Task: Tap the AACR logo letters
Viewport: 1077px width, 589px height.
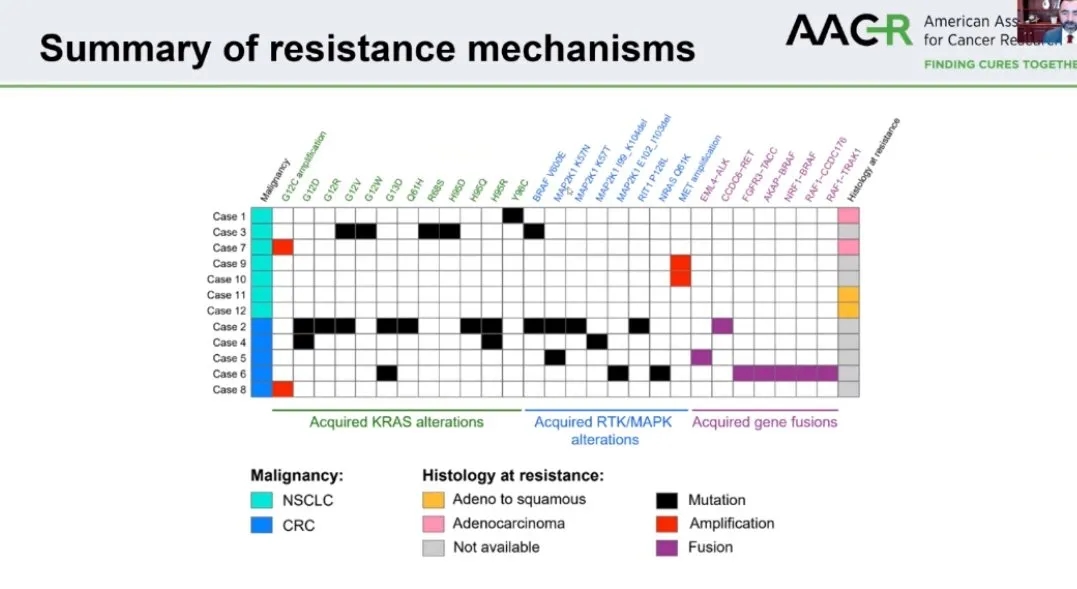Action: click(x=848, y=31)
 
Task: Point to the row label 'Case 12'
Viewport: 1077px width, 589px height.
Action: click(x=226, y=310)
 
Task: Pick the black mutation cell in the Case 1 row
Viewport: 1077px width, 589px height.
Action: click(x=513, y=216)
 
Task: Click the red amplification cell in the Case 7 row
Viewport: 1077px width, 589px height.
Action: click(x=282, y=247)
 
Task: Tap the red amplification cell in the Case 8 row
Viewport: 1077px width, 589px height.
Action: click(x=282, y=389)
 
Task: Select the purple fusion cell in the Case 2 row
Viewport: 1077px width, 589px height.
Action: click(x=722, y=326)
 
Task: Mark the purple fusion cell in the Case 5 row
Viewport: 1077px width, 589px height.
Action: click(x=701, y=358)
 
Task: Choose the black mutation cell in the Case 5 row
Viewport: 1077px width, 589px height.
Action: click(x=555, y=358)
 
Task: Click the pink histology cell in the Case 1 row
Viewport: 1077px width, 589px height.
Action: click(x=848, y=216)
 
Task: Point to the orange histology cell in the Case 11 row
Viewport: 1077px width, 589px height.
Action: click(x=848, y=295)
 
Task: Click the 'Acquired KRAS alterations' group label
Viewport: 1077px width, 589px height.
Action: click(x=396, y=422)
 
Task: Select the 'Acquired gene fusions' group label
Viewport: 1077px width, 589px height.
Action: click(x=765, y=422)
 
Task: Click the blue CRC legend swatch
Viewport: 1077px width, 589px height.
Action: click(x=261, y=525)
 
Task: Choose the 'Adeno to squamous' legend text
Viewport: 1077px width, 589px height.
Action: click(x=519, y=499)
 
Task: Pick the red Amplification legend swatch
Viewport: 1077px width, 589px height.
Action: click(x=667, y=523)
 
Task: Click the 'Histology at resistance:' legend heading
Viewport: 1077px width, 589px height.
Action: click(x=513, y=476)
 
